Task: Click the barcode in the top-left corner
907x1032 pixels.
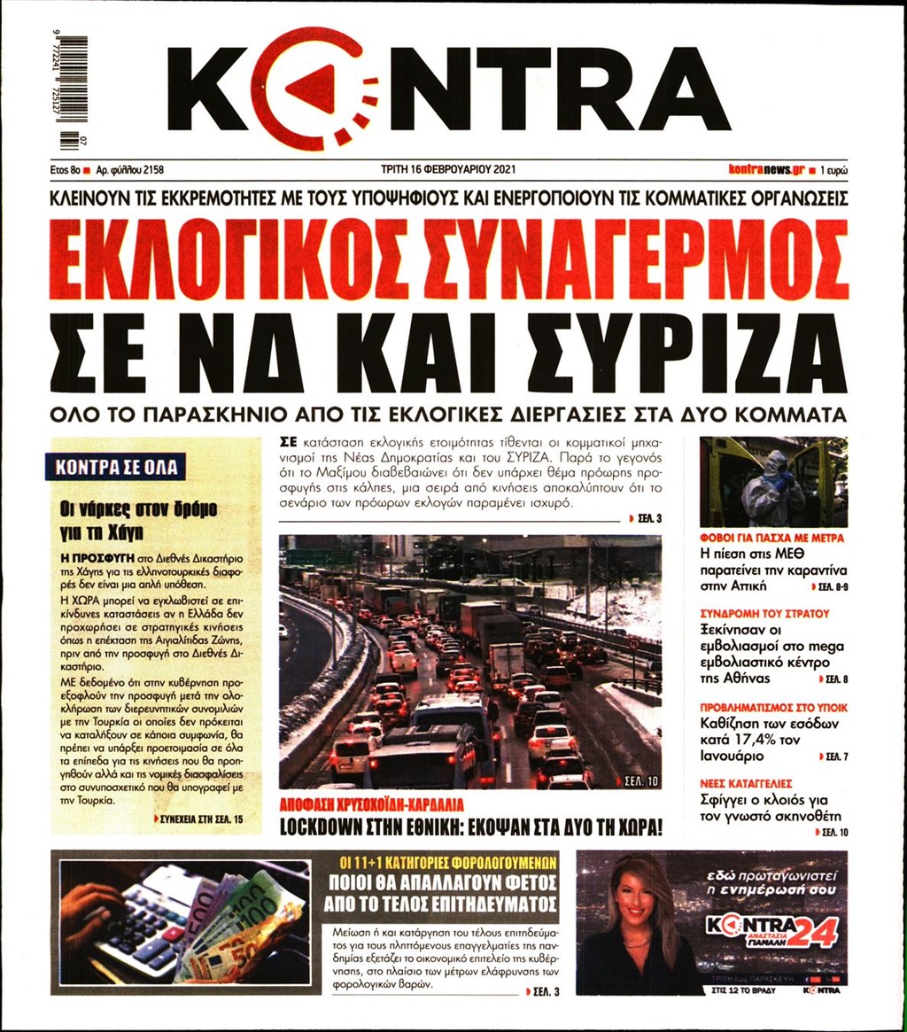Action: coord(74,91)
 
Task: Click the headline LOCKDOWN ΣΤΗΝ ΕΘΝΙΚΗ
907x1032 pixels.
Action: coord(471,827)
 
